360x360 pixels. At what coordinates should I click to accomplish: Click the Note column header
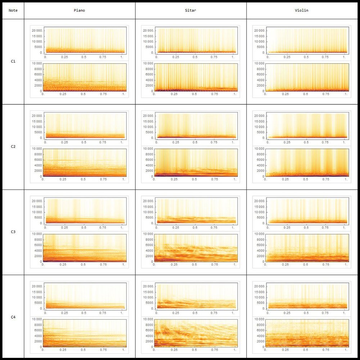pos(13,11)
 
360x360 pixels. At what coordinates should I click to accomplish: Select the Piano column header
pos(80,11)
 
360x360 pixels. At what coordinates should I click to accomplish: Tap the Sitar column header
pos(191,11)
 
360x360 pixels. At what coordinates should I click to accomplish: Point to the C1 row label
pos(13,62)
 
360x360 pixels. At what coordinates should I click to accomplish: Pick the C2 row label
pos(13,147)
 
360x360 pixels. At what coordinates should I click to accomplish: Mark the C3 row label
pos(13,232)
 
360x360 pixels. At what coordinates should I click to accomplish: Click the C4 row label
pos(13,317)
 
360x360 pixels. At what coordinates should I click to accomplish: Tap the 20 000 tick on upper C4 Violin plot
pos(259,286)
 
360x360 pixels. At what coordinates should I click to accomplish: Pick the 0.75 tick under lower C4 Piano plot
pos(104,350)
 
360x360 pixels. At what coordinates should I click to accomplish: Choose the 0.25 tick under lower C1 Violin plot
pos(285,94)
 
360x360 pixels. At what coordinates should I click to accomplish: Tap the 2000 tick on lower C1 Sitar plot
pos(148,86)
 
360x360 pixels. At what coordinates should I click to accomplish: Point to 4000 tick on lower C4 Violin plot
pos(259,336)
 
